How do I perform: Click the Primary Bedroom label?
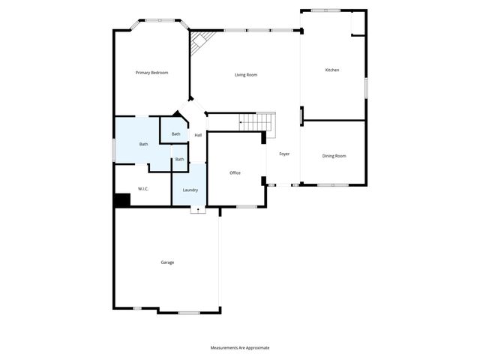point(151,73)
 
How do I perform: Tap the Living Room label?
point(246,74)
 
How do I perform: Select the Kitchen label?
point(331,70)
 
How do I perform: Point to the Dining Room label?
point(334,155)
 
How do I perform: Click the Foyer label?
point(284,154)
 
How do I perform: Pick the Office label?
point(235,172)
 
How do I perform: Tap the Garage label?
point(167,262)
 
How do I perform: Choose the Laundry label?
point(190,190)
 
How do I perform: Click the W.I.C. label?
point(142,188)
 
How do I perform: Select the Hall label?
point(198,135)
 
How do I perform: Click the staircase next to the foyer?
point(257,121)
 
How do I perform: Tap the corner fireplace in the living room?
point(199,42)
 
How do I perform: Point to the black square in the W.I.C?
point(122,200)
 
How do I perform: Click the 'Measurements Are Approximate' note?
point(239,347)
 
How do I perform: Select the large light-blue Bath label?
point(143,144)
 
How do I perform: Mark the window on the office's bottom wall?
point(246,205)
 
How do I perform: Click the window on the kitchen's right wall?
point(366,86)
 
